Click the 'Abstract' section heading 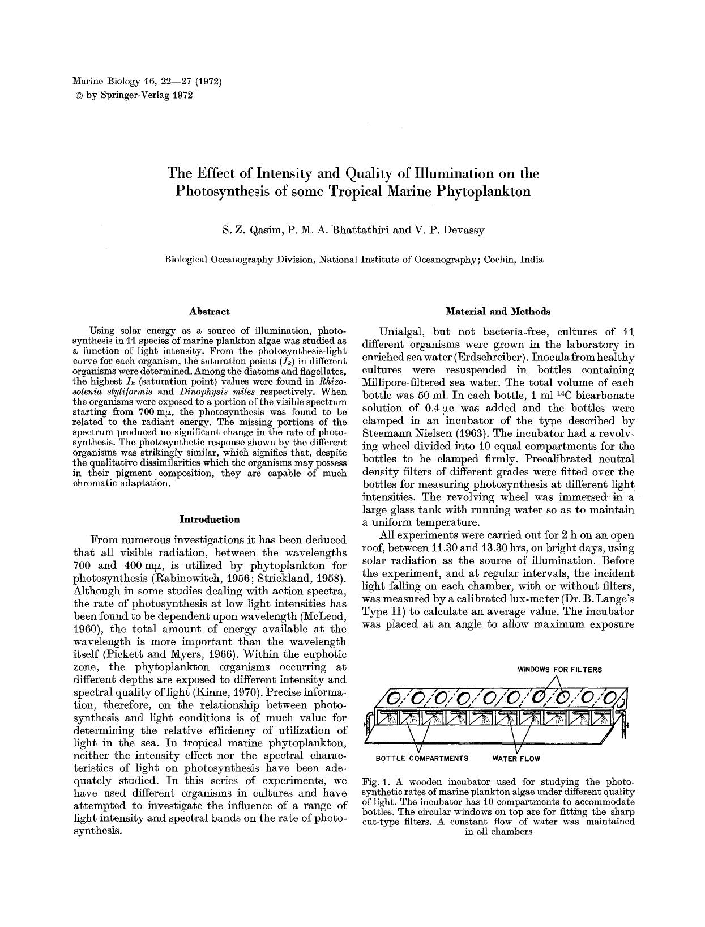click(x=209, y=311)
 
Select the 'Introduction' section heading click(x=209, y=519)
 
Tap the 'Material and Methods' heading click(x=498, y=311)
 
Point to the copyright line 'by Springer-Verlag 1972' click(x=139, y=95)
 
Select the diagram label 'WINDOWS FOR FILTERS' click(x=559, y=669)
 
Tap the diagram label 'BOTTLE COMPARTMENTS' click(x=422, y=758)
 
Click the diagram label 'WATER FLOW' click(x=516, y=758)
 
